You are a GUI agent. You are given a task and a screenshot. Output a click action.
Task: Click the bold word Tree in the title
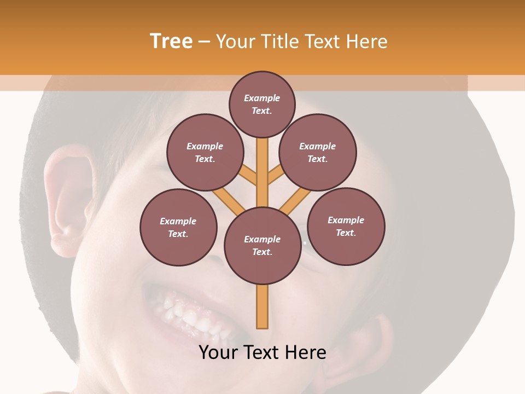(x=171, y=41)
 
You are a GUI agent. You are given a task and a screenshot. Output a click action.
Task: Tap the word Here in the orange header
(x=366, y=41)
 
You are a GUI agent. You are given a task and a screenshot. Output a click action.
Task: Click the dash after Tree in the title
(x=205, y=42)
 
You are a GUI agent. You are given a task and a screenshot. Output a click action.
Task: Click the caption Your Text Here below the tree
(x=262, y=352)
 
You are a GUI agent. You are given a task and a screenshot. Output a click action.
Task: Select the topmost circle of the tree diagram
(x=262, y=104)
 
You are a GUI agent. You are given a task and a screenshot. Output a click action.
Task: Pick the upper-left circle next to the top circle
(x=205, y=152)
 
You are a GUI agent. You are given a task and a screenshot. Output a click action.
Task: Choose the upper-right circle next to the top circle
(x=318, y=152)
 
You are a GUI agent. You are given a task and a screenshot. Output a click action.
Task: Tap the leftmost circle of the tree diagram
(x=178, y=227)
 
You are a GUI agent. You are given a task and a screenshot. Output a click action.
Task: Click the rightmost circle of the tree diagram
(x=346, y=226)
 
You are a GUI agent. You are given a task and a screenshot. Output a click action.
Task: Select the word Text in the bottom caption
(x=262, y=352)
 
